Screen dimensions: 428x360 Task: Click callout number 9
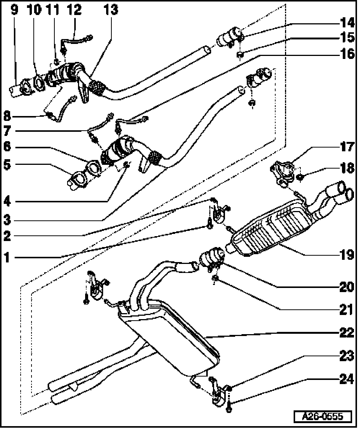point(14,10)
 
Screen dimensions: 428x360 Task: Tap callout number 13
point(111,10)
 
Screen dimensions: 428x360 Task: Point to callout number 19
point(347,255)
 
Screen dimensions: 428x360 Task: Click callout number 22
point(347,332)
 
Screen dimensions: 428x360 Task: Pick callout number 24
point(347,380)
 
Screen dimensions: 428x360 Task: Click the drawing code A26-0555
point(323,416)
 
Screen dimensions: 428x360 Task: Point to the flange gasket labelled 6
point(93,166)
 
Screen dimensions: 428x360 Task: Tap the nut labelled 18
point(300,176)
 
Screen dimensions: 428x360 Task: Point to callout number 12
point(75,10)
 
